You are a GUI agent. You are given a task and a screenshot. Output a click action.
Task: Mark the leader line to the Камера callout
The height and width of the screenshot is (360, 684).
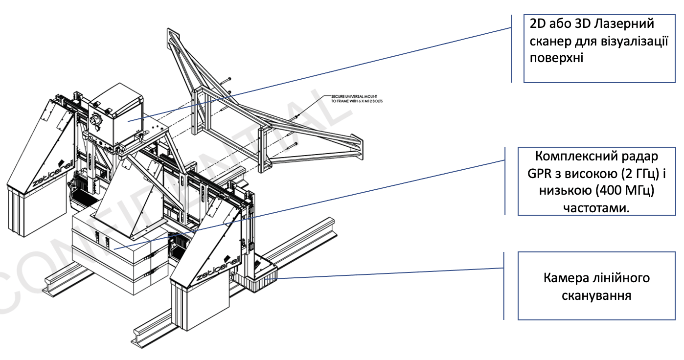point(391,273)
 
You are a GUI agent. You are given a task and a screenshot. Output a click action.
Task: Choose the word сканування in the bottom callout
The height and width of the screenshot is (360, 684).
point(596,295)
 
